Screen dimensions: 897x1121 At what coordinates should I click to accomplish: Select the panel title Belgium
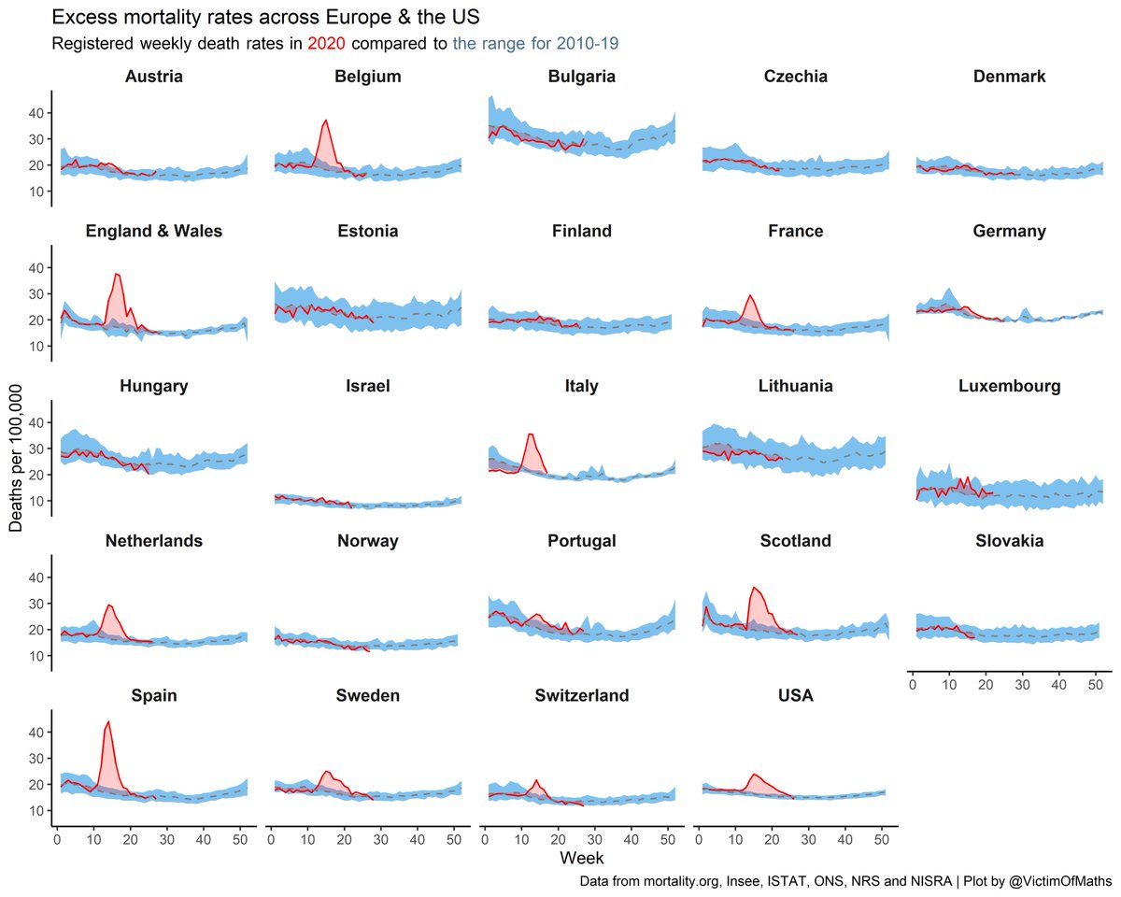click(x=368, y=77)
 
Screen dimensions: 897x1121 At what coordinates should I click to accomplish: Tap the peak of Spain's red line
click(x=108, y=721)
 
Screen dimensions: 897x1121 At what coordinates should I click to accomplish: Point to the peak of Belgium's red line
click(x=326, y=121)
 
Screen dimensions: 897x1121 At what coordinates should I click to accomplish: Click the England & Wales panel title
click(x=154, y=231)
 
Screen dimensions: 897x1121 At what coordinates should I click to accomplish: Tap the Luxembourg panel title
click(x=1009, y=386)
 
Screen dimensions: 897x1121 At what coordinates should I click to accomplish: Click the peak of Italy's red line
click(x=531, y=434)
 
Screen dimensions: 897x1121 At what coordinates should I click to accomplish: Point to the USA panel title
click(x=795, y=696)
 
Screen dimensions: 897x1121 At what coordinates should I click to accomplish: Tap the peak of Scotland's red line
click(x=753, y=588)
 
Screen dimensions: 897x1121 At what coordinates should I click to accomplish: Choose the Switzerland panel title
click(x=581, y=696)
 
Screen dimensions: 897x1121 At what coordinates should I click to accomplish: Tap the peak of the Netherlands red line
click(x=109, y=605)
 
